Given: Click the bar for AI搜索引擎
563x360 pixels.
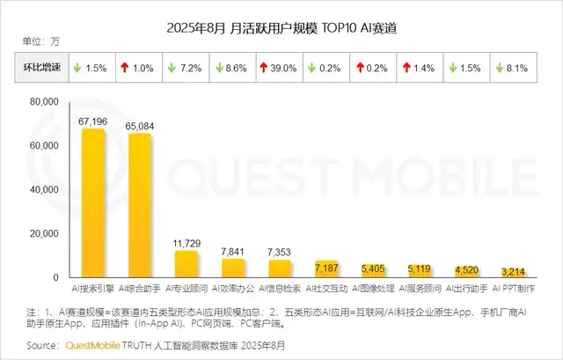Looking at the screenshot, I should pos(94,203).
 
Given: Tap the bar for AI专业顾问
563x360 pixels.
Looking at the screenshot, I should pos(186,264).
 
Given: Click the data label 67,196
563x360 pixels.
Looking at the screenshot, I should pos(94,121).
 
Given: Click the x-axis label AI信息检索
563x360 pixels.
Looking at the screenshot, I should pos(280,287).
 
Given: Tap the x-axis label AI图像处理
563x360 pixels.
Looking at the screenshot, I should pos(372,287).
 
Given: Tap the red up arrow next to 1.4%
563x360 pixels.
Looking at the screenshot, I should pos(406,67).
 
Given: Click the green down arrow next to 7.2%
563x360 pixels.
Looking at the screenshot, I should pos(172,67).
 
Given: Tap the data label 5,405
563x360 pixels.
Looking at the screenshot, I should pos(372,268).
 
